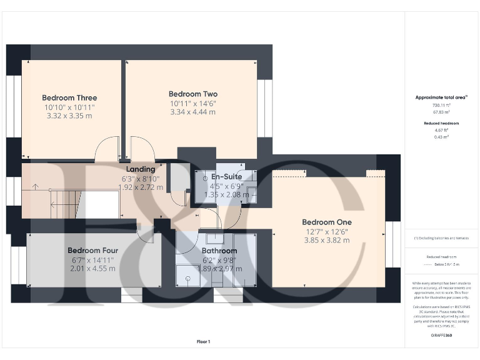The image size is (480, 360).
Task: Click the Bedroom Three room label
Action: coord(69,97)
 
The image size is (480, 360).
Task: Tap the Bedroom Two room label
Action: coord(192,94)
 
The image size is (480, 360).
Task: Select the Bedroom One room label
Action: coord(326,222)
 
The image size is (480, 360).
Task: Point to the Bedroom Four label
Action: coord(92,251)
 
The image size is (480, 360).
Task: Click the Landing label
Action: coord(141,169)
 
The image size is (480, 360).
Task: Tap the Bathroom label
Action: coord(219,251)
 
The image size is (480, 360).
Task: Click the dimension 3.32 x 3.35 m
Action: coord(69,116)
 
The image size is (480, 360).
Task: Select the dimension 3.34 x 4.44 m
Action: coord(192,112)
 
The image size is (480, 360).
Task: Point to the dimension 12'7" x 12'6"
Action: coord(326,231)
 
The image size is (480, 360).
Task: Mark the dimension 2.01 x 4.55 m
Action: coord(92,268)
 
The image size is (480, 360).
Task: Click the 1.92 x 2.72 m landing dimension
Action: coord(141,187)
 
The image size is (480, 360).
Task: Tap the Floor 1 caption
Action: coord(203,341)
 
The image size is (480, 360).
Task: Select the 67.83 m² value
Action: coord(442,113)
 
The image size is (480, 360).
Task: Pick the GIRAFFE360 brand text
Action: coord(442,336)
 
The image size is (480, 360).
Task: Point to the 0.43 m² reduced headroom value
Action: coord(442,136)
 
